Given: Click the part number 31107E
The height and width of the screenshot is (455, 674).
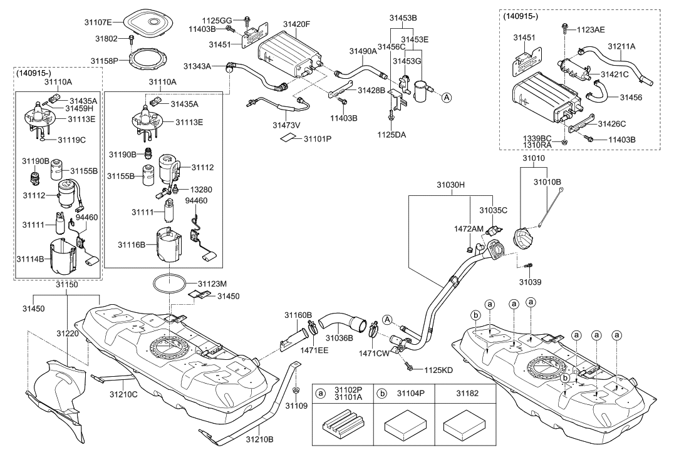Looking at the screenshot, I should [99, 23].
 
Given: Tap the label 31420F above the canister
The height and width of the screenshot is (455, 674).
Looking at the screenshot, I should [296, 24].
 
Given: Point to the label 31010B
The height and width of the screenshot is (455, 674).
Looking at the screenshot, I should [547, 181].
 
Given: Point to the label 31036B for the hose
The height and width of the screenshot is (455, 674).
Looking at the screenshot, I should [338, 339].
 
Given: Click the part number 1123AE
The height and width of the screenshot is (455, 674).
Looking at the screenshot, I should [591, 29].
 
